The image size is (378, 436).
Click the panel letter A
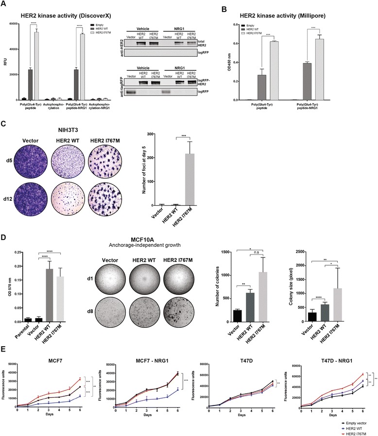pos(4,4)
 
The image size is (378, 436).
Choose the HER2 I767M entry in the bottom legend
pos(353,431)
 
